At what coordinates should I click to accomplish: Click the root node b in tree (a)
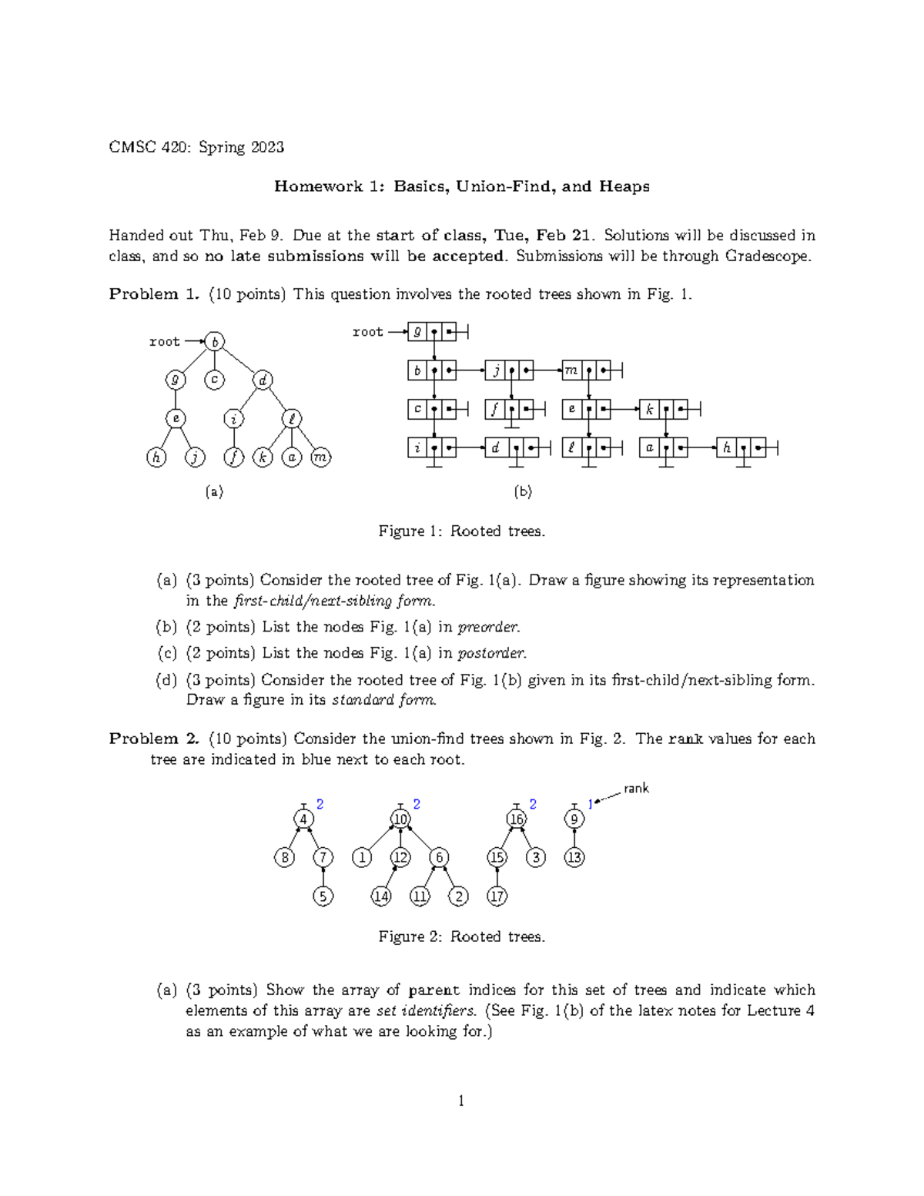pos(215,341)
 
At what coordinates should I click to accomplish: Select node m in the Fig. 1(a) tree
pos(320,457)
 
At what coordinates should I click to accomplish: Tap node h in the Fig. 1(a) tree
pos(156,457)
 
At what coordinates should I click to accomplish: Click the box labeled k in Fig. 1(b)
pos(650,409)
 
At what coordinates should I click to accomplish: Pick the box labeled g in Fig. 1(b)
pos(417,332)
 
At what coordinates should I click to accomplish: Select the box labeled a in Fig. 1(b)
pos(650,447)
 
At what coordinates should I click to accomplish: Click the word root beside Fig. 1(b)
pos(367,332)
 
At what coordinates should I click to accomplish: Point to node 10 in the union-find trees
pos(400,819)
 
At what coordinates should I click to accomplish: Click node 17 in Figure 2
pos(497,896)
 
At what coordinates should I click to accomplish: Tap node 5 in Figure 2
pos(323,896)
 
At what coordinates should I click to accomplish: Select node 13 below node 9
pos(574,857)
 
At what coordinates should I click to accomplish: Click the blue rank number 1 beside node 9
pos(590,804)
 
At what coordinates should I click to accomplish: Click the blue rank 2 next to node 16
pos(533,804)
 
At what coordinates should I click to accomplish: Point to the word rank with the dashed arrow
pos(636,788)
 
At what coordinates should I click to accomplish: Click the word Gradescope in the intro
pos(767,256)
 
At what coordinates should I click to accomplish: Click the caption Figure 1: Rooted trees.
pos(461,531)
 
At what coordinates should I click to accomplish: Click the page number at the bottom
pos(461,1101)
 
